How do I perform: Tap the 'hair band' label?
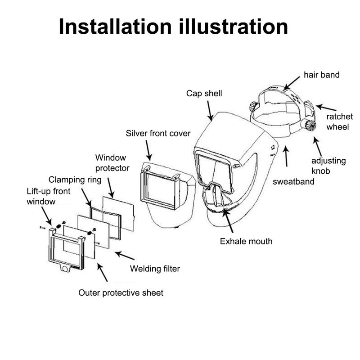click(321, 75)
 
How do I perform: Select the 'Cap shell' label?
click(205, 94)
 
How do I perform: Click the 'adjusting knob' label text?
click(328, 166)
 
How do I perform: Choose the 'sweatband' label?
click(294, 182)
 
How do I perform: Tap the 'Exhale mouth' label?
click(246, 241)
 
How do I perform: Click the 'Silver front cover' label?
click(158, 134)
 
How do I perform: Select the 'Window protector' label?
click(112, 163)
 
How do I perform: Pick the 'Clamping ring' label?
click(75, 179)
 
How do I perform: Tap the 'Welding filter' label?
click(155, 269)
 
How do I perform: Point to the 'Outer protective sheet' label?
click(121, 293)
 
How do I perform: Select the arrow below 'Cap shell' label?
click(210, 110)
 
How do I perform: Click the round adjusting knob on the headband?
click(309, 125)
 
